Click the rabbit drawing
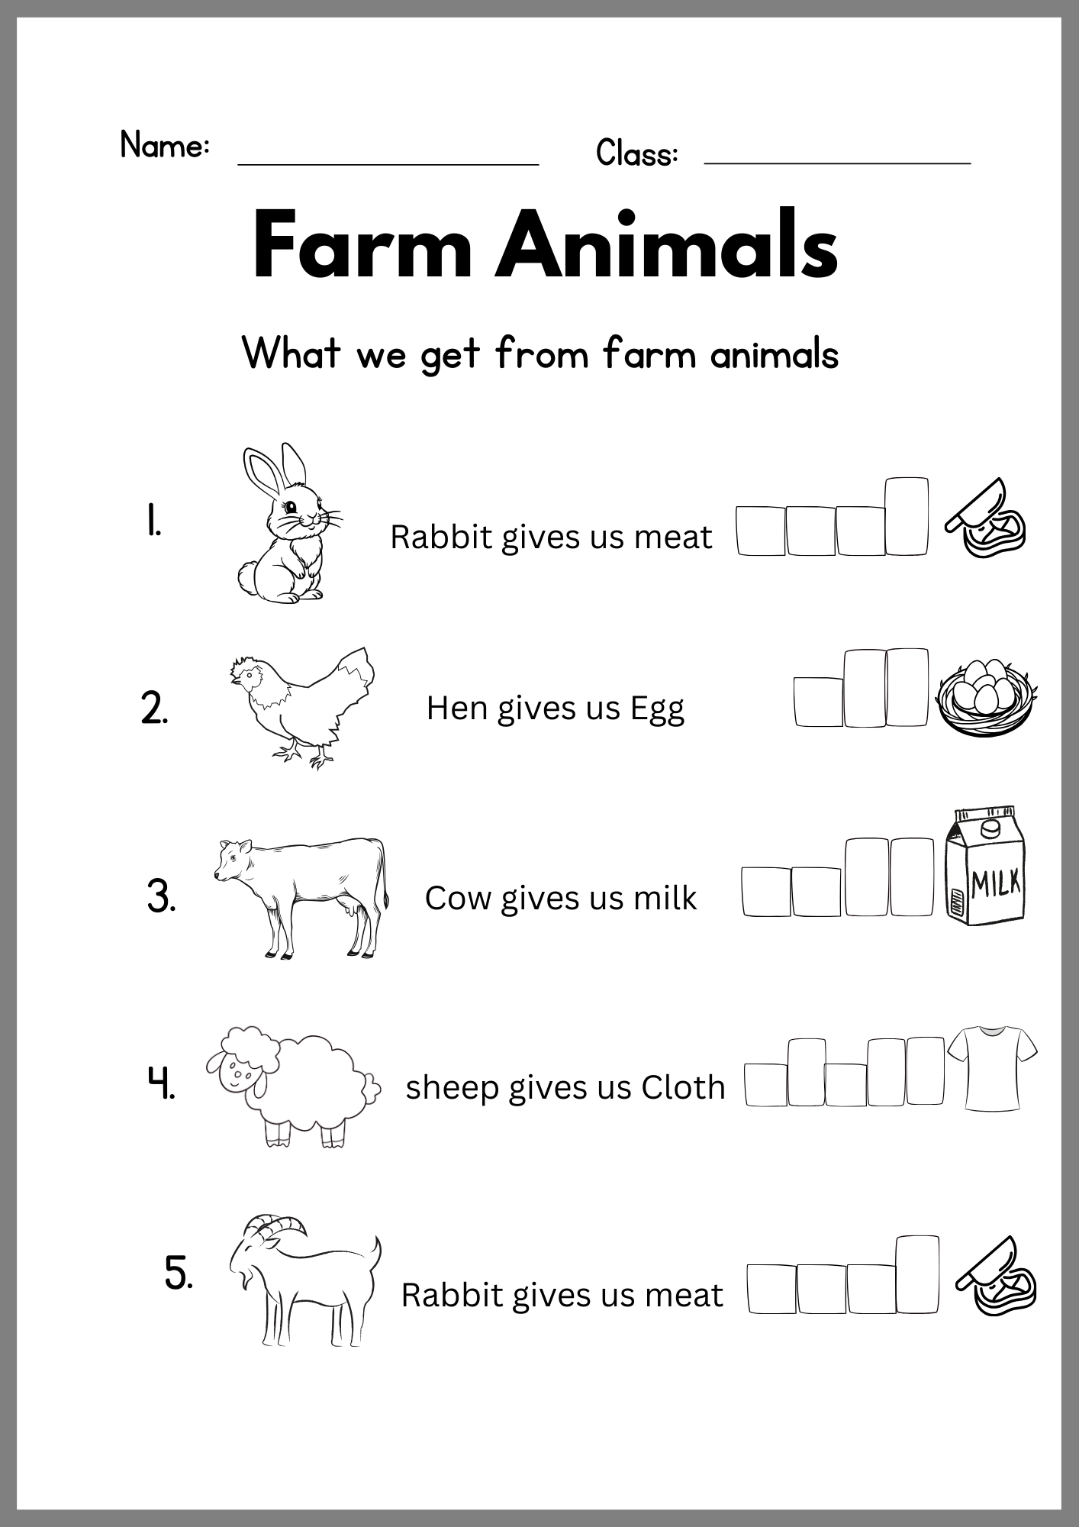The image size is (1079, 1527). coord(286,527)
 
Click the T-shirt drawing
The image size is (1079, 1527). coord(992,1068)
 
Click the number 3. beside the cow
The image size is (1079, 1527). coord(161,896)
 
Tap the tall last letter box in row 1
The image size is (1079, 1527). coord(907,516)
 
